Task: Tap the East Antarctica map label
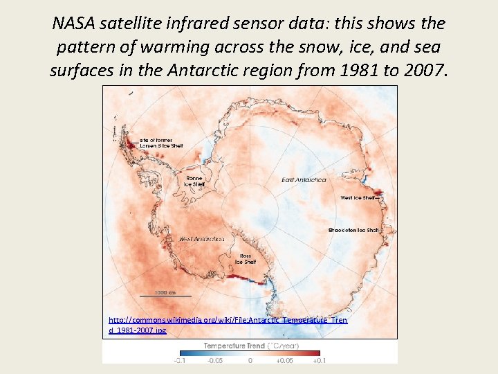[304, 180]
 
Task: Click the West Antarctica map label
[201, 239]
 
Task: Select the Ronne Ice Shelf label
[194, 181]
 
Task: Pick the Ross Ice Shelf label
[246, 258]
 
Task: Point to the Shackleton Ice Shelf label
[353, 230]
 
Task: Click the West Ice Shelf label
[357, 197]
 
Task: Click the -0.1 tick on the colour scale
[180, 360]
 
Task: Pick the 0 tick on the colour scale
[250, 360]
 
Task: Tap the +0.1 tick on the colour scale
[318, 360]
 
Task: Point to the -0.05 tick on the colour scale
[215, 360]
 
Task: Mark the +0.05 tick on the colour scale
[284, 360]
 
